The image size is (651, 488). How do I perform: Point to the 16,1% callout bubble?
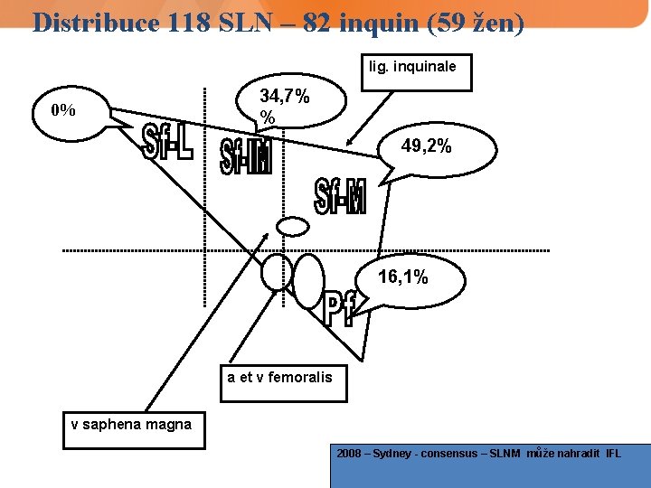(x=403, y=277)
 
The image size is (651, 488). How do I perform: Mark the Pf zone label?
(x=339, y=309)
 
